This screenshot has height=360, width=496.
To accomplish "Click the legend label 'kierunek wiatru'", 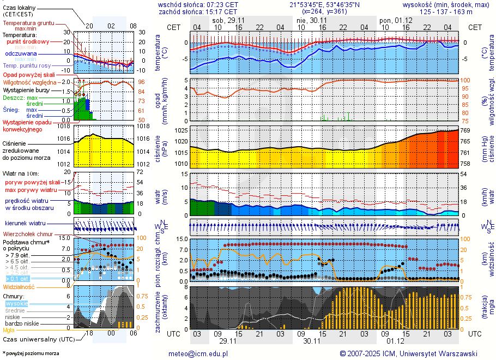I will tap(25, 224).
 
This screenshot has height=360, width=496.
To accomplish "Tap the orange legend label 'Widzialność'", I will tap(19, 286).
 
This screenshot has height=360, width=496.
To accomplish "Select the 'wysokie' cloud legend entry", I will tap(16, 303).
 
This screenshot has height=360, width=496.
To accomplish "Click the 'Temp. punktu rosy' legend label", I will tap(27, 65).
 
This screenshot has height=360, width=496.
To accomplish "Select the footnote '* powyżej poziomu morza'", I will tap(31, 353).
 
